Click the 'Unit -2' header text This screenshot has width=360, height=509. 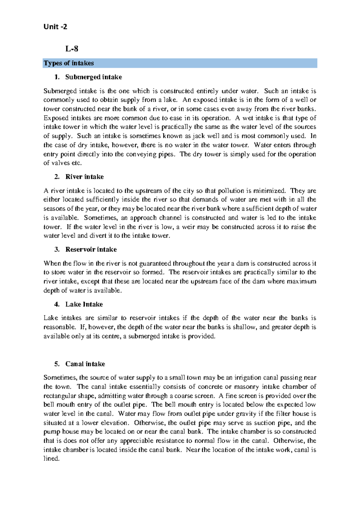[x=55, y=27]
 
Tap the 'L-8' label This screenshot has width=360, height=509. [x=72, y=49]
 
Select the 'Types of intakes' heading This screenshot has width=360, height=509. [x=69, y=63]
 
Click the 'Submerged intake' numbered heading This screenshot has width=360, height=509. [x=93, y=77]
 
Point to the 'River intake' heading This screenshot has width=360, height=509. [x=84, y=177]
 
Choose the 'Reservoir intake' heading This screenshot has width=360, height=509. [x=91, y=249]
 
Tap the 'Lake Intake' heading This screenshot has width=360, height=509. [x=84, y=304]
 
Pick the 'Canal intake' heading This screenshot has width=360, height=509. [x=85, y=364]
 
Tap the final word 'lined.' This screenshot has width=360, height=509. [x=52, y=459]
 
